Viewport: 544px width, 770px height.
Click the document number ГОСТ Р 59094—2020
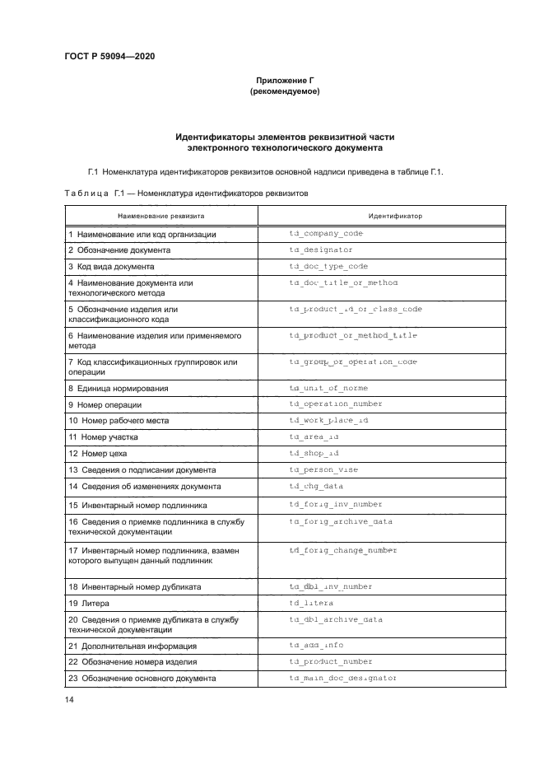click(x=110, y=56)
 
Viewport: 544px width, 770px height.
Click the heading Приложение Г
click(x=284, y=81)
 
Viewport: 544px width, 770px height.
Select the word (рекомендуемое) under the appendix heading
click(x=284, y=92)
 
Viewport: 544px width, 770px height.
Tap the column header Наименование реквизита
click(x=161, y=215)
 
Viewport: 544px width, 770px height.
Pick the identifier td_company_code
click(x=326, y=234)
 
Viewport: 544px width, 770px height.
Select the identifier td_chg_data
click(x=317, y=486)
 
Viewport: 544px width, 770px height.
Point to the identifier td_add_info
click(x=317, y=645)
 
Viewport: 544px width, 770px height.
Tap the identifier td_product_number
click(x=331, y=661)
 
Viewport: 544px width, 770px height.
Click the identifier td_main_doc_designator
click(x=343, y=678)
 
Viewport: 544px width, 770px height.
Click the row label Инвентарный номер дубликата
click(x=135, y=586)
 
